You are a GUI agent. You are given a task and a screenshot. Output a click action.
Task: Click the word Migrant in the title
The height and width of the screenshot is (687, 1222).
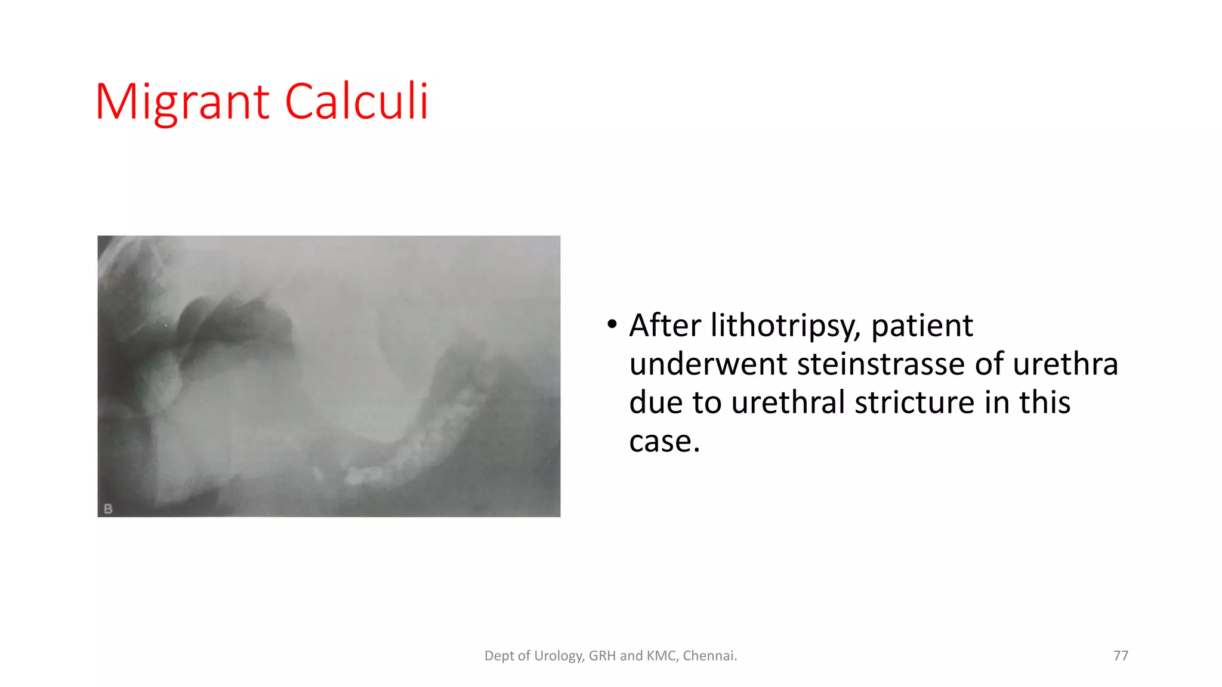click(182, 103)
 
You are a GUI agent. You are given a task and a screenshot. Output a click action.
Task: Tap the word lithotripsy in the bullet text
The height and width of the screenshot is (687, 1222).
click(785, 326)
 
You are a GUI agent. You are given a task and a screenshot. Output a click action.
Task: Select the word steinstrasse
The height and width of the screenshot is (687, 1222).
click(881, 364)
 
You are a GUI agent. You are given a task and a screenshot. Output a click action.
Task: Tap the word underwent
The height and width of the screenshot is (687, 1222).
click(708, 364)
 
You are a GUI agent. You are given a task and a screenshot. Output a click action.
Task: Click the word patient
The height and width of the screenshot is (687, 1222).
click(922, 326)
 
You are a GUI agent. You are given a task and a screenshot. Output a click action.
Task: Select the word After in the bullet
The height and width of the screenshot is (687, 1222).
click(665, 326)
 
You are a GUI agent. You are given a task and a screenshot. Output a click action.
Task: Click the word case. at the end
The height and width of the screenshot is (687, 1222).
click(664, 442)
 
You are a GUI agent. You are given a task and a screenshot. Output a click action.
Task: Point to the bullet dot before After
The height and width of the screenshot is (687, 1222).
click(612, 325)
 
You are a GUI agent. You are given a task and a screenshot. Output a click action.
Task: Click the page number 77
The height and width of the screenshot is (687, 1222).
click(1121, 656)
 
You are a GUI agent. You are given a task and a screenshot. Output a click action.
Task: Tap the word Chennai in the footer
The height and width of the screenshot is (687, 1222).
click(709, 656)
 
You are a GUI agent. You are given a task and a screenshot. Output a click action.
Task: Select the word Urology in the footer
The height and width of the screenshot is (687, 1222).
click(558, 656)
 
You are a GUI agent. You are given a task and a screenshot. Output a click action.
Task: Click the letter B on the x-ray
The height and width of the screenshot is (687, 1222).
click(108, 509)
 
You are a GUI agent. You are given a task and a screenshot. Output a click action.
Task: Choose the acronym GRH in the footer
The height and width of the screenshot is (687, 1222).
click(602, 656)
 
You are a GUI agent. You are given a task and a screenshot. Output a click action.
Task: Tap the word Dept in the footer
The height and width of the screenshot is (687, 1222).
click(498, 656)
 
